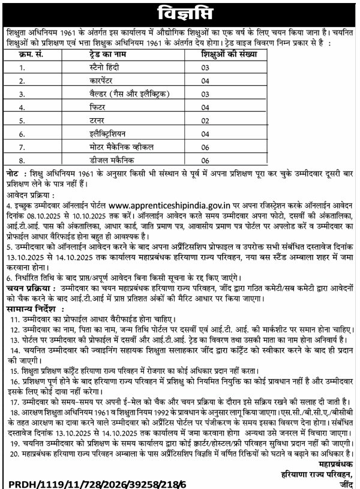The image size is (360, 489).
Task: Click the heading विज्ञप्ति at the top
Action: click(x=179, y=12)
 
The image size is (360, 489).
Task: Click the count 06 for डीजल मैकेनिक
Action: click(x=205, y=160)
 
